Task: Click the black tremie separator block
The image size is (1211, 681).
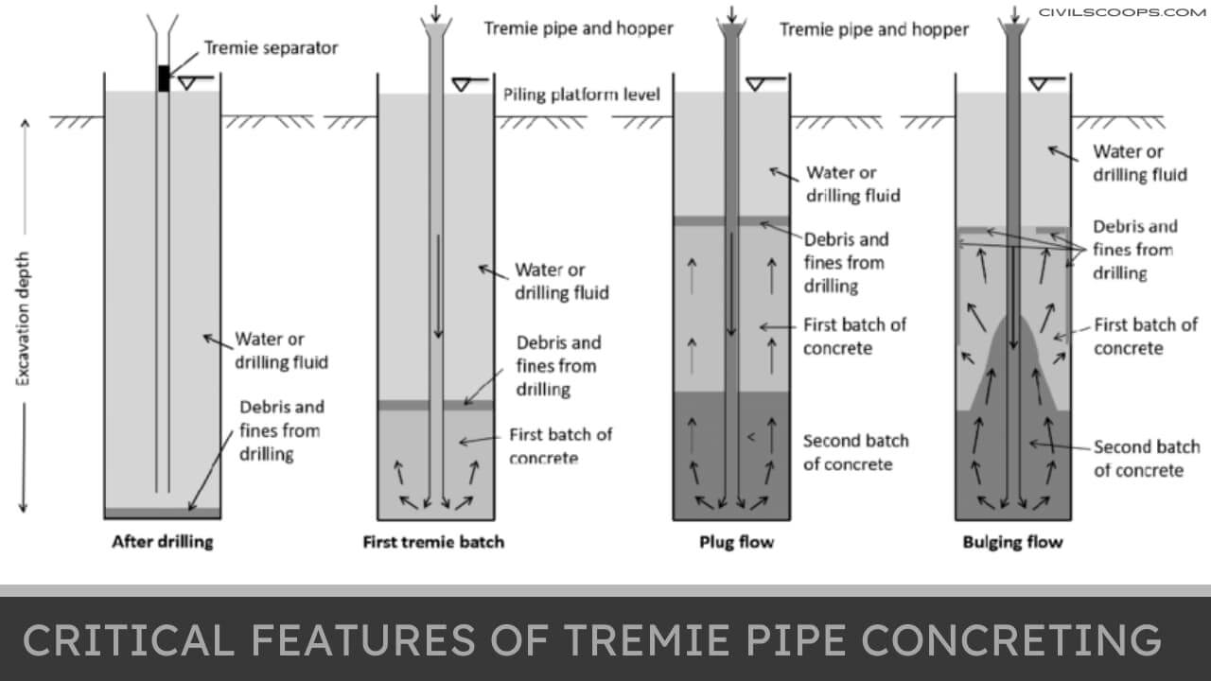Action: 164,79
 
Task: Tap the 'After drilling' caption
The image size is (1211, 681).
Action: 163,542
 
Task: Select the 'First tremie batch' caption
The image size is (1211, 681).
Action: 433,542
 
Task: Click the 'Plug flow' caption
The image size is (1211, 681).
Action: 736,542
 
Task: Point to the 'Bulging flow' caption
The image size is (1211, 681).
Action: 1012,542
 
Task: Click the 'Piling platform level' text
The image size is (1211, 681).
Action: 582,95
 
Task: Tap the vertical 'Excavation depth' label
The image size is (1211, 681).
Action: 24,317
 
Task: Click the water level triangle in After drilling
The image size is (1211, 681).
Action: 187,84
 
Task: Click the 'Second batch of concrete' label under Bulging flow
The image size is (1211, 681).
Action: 1146,459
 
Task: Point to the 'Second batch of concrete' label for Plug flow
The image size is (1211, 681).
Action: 854,452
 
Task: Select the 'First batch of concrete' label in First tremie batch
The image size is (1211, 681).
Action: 560,445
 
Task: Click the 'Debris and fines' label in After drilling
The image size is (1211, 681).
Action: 281,430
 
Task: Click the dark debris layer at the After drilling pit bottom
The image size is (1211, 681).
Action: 162,513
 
